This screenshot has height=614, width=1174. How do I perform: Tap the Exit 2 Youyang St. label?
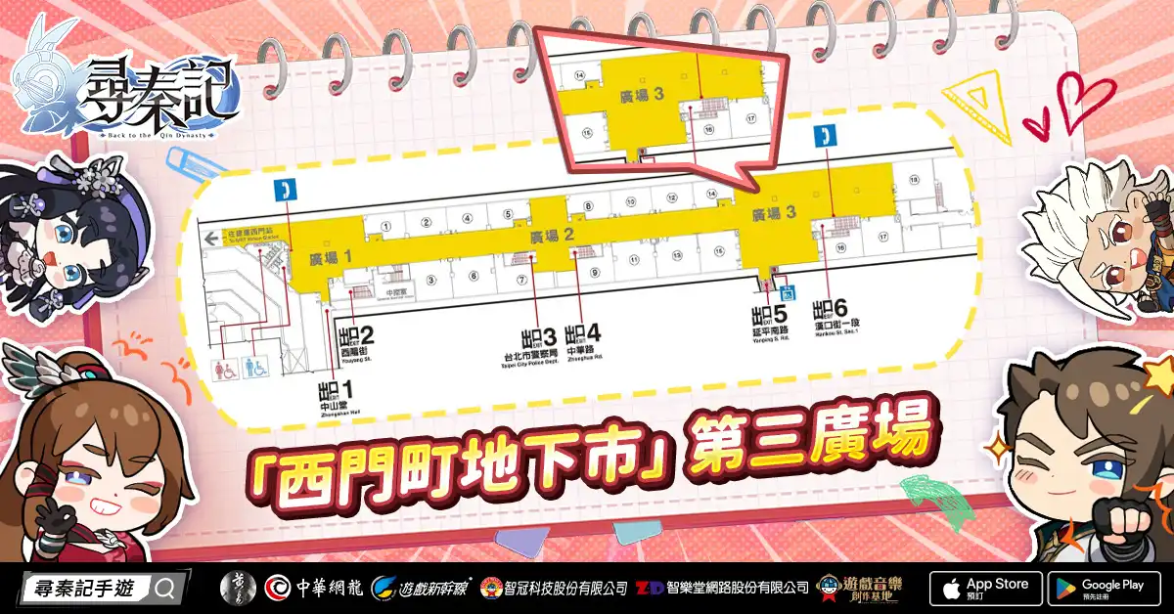click(355, 341)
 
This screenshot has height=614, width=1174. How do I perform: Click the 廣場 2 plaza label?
click(551, 236)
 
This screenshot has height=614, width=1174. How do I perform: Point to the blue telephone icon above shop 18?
click(827, 136)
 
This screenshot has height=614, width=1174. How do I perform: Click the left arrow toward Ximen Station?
click(209, 237)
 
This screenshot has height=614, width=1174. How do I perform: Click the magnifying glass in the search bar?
click(164, 589)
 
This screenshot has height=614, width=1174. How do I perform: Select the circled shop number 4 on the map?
click(468, 218)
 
